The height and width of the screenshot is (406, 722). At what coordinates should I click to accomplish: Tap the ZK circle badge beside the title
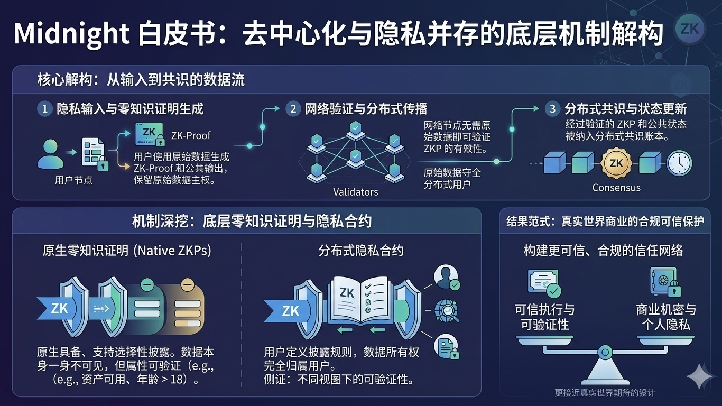[x=690, y=28]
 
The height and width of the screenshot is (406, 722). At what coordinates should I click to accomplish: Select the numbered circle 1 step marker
[x=45, y=109]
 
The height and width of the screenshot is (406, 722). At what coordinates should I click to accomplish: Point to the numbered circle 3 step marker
[x=552, y=109]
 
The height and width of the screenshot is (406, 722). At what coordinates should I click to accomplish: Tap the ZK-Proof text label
[x=191, y=136]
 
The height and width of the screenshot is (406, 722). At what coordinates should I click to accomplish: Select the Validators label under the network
[x=356, y=191]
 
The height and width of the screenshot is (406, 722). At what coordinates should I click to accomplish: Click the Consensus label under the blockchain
[x=616, y=188]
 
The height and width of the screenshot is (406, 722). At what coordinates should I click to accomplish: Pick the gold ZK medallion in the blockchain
[x=616, y=163]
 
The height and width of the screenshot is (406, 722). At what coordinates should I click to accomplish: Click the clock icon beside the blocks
[x=679, y=163]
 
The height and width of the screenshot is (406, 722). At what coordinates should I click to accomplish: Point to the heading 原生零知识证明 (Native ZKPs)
[x=127, y=251]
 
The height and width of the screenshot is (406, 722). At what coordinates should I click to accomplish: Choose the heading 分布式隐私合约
[x=361, y=251]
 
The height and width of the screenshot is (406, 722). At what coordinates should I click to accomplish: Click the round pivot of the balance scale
[x=605, y=351]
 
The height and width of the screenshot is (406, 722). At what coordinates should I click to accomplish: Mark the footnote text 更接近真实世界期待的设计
[x=605, y=393]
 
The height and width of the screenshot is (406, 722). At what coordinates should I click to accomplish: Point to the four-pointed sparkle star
[x=701, y=375]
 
